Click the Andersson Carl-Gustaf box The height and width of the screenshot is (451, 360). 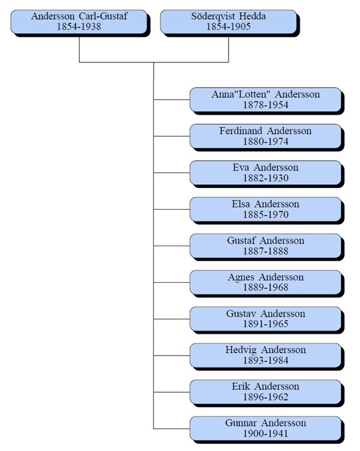coord(79,22)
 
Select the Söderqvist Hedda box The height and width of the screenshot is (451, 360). coord(229,22)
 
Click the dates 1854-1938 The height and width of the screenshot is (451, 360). coord(79,27)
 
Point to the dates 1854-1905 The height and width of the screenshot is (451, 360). coord(229,27)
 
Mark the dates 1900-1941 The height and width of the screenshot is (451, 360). coord(265,434)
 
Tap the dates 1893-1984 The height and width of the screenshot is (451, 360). coord(265,360)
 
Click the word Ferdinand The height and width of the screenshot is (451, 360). coord(241,131)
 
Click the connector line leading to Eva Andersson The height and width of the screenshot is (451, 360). coord(172,172)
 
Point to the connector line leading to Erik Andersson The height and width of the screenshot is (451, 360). coord(172,392)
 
